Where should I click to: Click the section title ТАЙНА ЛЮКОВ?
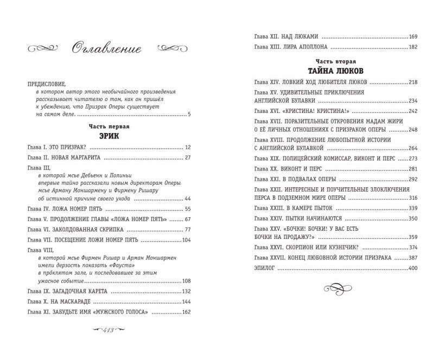[x=330, y=71]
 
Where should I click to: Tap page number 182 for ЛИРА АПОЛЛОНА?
[x=413, y=48]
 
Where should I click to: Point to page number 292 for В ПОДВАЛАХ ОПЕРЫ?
[x=413, y=179]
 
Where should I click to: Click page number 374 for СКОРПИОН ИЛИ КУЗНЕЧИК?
[x=413, y=248]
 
